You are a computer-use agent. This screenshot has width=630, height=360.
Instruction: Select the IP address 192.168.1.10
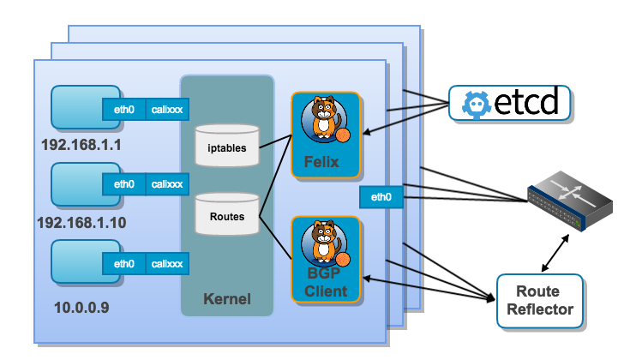[x=81, y=222]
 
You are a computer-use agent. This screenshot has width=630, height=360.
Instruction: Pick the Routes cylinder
[x=226, y=215]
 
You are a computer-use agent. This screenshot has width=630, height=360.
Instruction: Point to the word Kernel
[x=227, y=299]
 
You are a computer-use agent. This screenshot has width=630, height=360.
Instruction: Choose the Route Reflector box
[x=539, y=301]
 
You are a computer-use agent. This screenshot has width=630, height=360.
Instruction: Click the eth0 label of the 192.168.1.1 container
[x=124, y=109]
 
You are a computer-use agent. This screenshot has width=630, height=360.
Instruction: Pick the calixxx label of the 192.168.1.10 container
[x=167, y=183]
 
